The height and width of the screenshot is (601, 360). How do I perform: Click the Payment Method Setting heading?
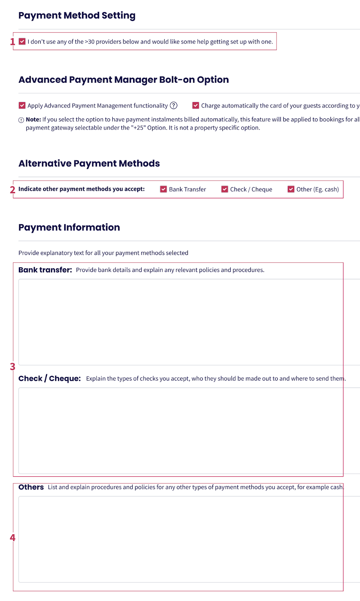pyautogui.click(x=77, y=15)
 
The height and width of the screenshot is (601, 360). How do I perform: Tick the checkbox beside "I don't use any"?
pyautogui.click(x=22, y=41)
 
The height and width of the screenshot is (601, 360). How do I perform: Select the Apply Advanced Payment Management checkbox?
pyautogui.click(x=22, y=106)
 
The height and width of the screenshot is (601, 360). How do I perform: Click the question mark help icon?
pyautogui.click(x=174, y=106)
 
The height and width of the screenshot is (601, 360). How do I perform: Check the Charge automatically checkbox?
pyautogui.click(x=196, y=106)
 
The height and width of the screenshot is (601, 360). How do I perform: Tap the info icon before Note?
pyautogui.click(x=21, y=120)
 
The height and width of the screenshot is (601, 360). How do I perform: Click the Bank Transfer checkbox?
pyautogui.click(x=163, y=189)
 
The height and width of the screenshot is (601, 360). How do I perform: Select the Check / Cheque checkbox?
pyautogui.click(x=225, y=189)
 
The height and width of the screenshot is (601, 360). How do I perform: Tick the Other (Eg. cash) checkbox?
pyautogui.click(x=291, y=189)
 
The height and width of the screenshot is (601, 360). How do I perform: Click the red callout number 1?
pyautogui.click(x=12, y=42)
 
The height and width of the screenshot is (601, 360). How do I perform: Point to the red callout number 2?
pyautogui.click(x=12, y=190)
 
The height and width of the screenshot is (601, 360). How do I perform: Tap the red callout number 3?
pyautogui.click(x=12, y=367)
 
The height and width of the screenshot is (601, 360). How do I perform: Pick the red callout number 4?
pyautogui.click(x=12, y=538)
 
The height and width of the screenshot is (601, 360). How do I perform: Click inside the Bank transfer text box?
pyautogui.click(x=180, y=322)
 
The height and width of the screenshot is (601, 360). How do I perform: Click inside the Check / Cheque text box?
pyautogui.click(x=180, y=430)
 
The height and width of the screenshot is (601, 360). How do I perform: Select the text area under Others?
pyautogui.click(x=180, y=539)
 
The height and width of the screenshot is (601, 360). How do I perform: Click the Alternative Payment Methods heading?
pyautogui.click(x=89, y=163)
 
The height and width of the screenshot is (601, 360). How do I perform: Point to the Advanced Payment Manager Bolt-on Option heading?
pyautogui.click(x=124, y=80)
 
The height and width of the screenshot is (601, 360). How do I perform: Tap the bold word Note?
pyautogui.click(x=33, y=119)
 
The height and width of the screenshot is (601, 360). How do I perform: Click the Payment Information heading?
pyautogui.click(x=69, y=227)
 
